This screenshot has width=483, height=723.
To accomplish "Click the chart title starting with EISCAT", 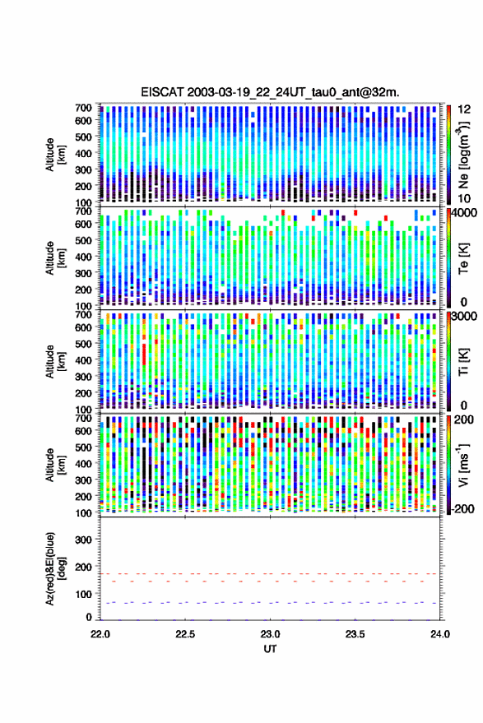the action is (270, 92).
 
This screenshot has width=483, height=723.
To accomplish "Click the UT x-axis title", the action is (270, 649).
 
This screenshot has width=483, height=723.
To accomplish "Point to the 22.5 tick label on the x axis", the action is (185, 634).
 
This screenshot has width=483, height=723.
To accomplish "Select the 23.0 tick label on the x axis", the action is (270, 634).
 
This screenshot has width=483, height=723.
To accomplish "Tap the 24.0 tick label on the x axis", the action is (439, 634).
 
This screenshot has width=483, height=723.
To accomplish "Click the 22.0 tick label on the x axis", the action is (100, 634).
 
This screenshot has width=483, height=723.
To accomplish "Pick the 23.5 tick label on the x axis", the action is (355, 634).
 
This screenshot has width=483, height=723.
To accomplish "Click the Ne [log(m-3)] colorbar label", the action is (463, 155).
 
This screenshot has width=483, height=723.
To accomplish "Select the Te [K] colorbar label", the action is (463, 258).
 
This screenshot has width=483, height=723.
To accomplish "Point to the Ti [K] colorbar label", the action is (463, 362).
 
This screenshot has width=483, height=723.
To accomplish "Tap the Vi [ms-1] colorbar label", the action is (463, 465).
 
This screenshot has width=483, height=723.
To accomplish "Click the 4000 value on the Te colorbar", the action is (463, 214).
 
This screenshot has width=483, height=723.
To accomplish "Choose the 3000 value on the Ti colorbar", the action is (463, 317).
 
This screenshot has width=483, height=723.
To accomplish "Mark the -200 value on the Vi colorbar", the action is (462, 509).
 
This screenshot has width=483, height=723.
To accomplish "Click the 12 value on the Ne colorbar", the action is (464, 109).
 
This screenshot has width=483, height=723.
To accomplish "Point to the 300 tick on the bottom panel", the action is (83, 540).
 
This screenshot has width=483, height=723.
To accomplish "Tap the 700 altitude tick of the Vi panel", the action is (83, 418).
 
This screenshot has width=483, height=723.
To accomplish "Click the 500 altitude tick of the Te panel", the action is (83, 240).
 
